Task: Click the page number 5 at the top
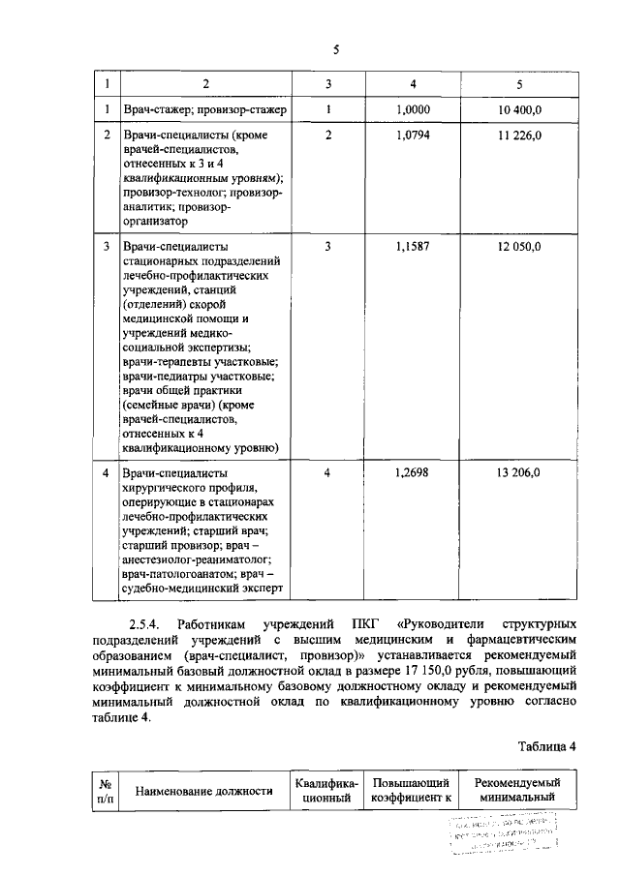click(335, 50)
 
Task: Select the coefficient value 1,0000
click(413, 110)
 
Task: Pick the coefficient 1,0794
click(413, 136)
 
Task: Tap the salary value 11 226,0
click(521, 136)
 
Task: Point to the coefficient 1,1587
click(413, 246)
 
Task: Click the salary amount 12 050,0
click(521, 246)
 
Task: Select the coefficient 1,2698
click(413, 472)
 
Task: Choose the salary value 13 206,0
click(521, 472)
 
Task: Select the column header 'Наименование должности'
click(202, 791)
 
